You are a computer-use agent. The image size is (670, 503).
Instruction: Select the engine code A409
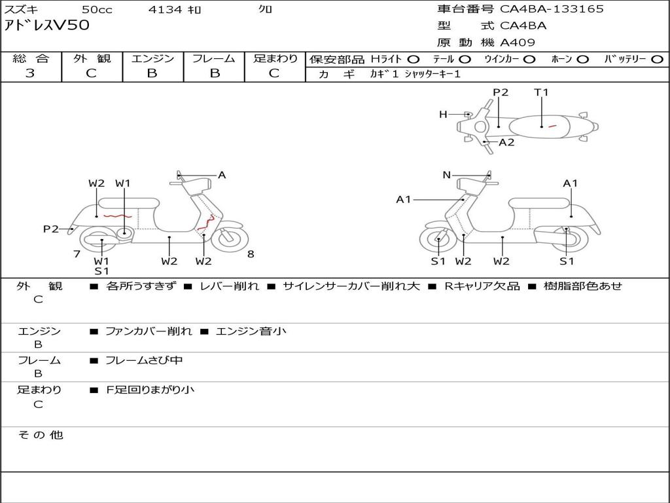point(518,43)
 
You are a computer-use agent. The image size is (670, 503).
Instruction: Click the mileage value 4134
point(166,9)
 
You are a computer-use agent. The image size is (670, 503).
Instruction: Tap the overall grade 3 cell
point(30,73)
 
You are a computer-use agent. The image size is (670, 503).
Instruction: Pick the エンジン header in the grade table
point(152,58)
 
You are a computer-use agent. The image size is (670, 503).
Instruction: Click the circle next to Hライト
point(414,59)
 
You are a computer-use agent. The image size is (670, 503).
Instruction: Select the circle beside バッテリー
point(657,59)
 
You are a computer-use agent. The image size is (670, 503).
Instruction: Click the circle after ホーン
point(582,59)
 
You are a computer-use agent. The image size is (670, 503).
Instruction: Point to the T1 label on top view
point(541,92)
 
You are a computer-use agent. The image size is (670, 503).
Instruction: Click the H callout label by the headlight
point(443,115)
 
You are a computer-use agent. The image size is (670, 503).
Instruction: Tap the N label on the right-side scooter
point(447,175)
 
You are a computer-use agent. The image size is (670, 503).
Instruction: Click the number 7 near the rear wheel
point(77,254)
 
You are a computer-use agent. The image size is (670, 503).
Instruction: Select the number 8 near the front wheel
point(251,254)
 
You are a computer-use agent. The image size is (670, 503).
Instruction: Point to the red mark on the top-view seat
point(552,126)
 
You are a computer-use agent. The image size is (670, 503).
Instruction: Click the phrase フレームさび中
point(144,360)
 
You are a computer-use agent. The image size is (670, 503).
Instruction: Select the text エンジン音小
point(251,331)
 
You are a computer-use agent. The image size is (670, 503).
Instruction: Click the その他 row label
point(40,435)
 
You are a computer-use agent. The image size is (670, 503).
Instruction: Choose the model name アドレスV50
point(47,26)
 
